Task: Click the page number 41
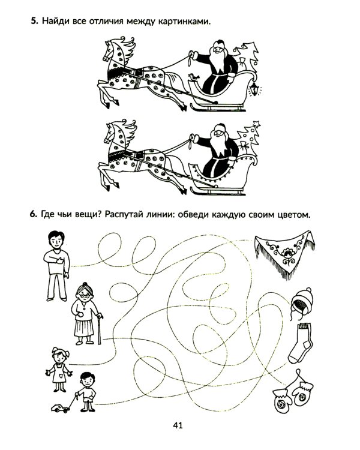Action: [x=178, y=425]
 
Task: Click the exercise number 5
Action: [x=34, y=20]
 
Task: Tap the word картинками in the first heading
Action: [x=184, y=21]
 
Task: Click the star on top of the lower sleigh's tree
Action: [x=256, y=124]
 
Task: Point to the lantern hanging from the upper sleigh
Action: [x=254, y=89]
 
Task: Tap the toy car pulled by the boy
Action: [x=61, y=408]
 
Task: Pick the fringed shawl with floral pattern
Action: [x=284, y=253]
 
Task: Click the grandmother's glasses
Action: [x=84, y=295]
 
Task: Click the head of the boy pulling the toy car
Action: [x=87, y=380]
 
